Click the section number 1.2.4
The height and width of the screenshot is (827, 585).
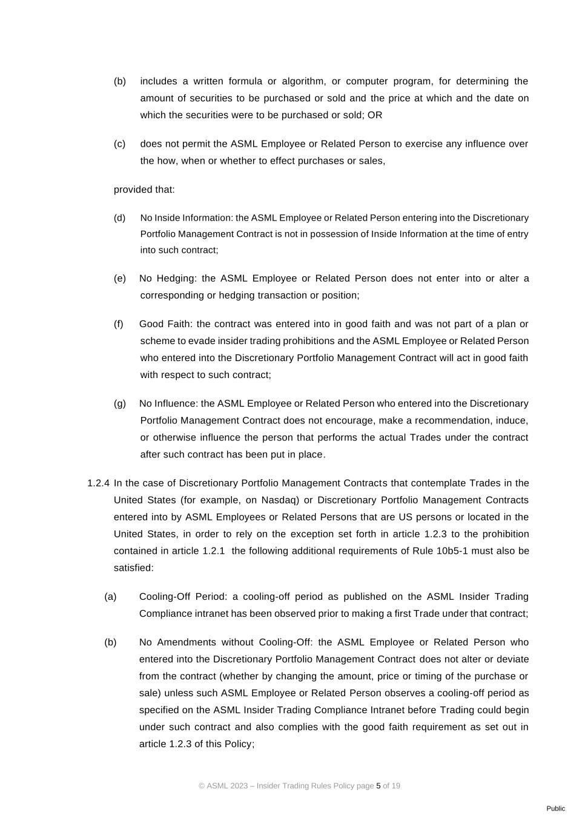tap(98, 483)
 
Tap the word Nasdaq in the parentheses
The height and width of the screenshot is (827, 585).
tap(279, 500)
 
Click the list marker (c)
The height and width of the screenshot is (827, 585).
tap(119, 144)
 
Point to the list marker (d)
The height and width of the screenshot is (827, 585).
tap(119, 218)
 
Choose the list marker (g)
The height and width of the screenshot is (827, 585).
tap(119, 404)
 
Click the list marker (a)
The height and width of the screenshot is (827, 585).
tap(110, 597)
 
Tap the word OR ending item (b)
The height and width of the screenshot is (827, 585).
tap(375, 115)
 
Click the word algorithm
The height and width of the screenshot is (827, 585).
tap(302, 81)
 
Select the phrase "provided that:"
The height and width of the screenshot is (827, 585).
tap(144, 190)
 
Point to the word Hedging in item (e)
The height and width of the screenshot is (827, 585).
tap(176, 279)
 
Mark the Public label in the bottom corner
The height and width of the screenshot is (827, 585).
tap(555, 808)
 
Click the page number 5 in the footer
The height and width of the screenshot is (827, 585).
tap(378, 786)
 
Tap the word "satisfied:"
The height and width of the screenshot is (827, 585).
tap(134, 568)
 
